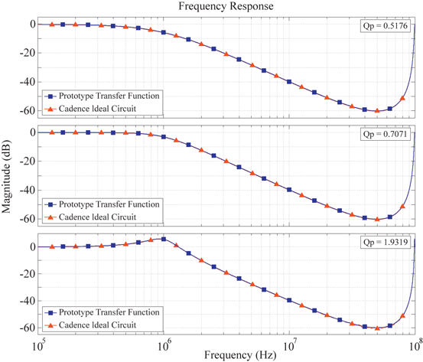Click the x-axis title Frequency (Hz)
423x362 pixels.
tap(227, 354)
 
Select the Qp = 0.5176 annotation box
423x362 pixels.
tap(388, 27)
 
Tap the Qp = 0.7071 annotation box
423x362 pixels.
tap(388, 135)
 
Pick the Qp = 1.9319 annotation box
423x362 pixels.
tap(388, 243)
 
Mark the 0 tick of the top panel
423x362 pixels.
tap(31, 24)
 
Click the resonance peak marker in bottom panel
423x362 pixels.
tap(163, 239)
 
